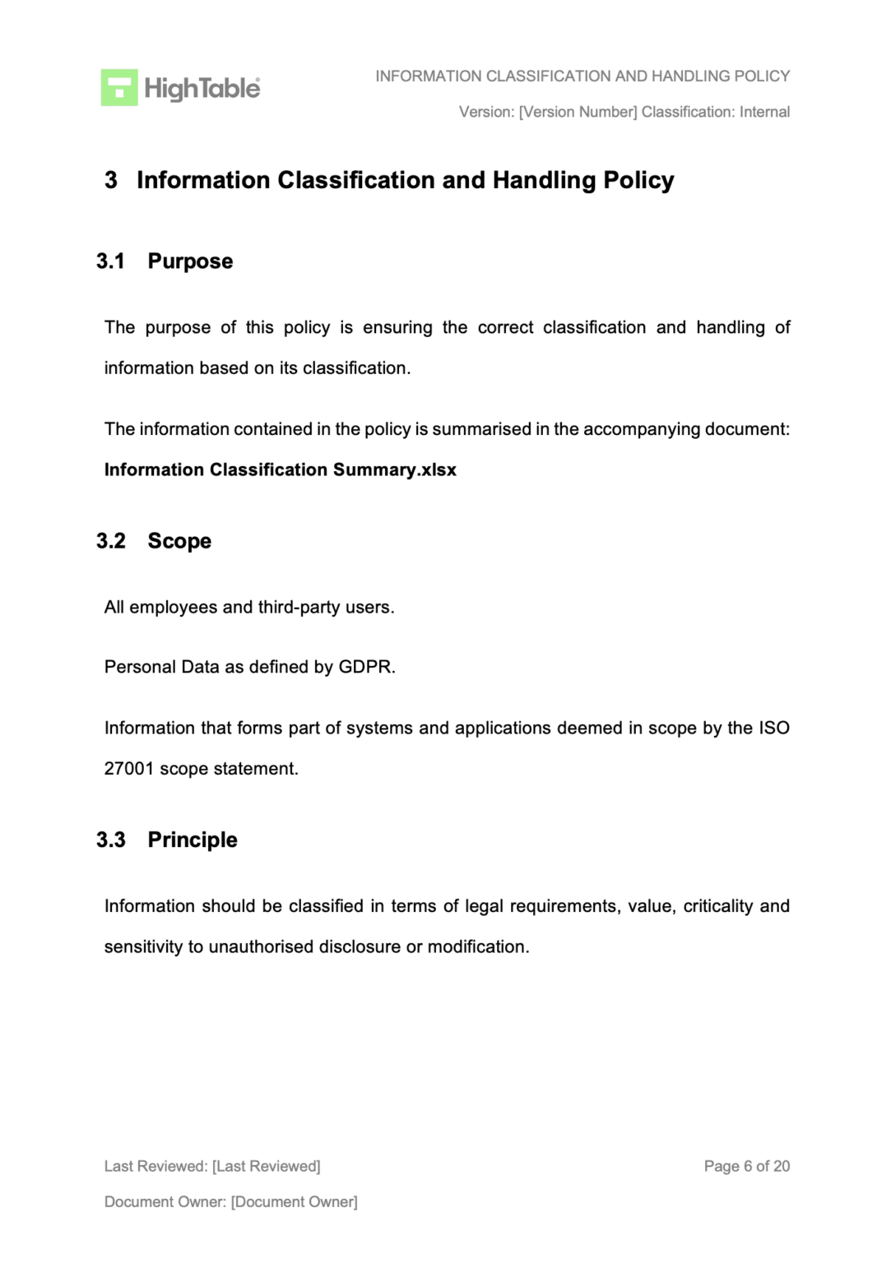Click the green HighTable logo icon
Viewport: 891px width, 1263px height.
(119, 87)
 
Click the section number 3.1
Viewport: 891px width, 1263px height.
(110, 261)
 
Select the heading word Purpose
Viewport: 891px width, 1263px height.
(190, 261)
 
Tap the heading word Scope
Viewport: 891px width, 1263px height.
(179, 541)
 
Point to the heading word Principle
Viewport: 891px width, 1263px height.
(193, 840)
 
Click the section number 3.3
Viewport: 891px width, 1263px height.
(110, 840)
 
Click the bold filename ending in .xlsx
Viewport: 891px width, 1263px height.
(280, 470)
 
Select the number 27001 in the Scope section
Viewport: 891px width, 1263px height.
(128, 769)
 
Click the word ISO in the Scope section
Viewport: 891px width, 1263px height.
(773, 728)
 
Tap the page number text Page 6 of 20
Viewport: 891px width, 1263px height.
(746, 1166)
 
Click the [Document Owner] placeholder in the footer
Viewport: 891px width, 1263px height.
(294, 1202)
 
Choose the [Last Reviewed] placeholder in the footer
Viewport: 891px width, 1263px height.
(266, 1166)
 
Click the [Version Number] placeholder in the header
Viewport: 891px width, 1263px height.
(578, 112)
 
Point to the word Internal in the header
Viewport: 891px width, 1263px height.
(764, 112)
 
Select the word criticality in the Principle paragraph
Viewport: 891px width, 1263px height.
(717, 906)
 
